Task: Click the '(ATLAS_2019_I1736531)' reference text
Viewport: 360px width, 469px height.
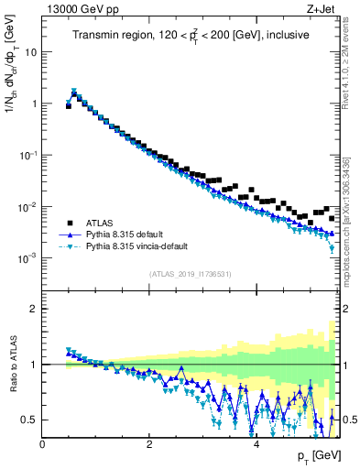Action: click(191, 274)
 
